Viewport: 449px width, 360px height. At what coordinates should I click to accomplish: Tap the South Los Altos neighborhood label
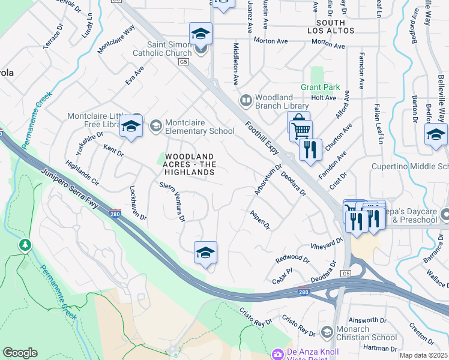tap(331, 26)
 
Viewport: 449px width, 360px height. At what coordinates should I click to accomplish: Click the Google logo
tap(20, 353)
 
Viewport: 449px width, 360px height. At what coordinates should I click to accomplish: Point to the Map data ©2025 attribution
tap(424, 355)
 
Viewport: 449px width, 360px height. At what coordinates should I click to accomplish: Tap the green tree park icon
tap(25, 245)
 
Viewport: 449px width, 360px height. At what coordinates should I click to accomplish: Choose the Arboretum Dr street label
tap(268, 179)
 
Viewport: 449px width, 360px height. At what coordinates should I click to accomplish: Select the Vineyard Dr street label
tap(326, 244)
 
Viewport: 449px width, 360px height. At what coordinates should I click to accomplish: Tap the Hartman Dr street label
tap(381, 348)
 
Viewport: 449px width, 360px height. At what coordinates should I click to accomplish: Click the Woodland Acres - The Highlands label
tap(190, 164)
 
